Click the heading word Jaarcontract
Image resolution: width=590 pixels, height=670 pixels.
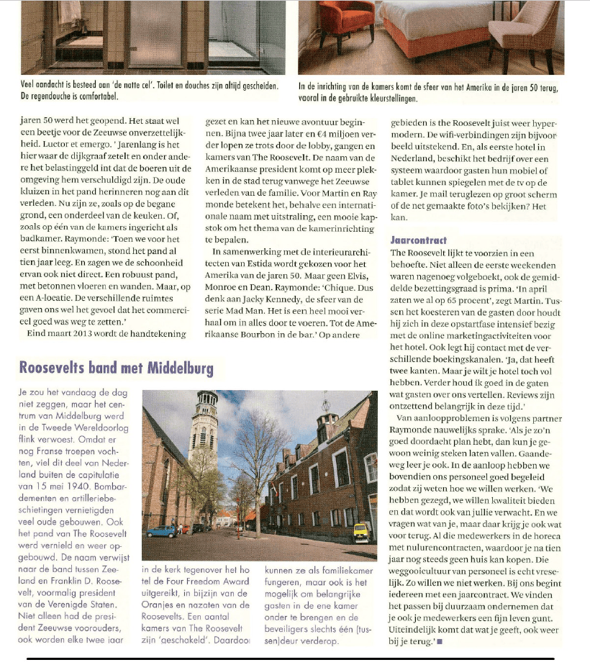[x=418, y=240]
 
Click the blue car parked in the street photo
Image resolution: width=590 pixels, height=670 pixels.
[x=161, y=531]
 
